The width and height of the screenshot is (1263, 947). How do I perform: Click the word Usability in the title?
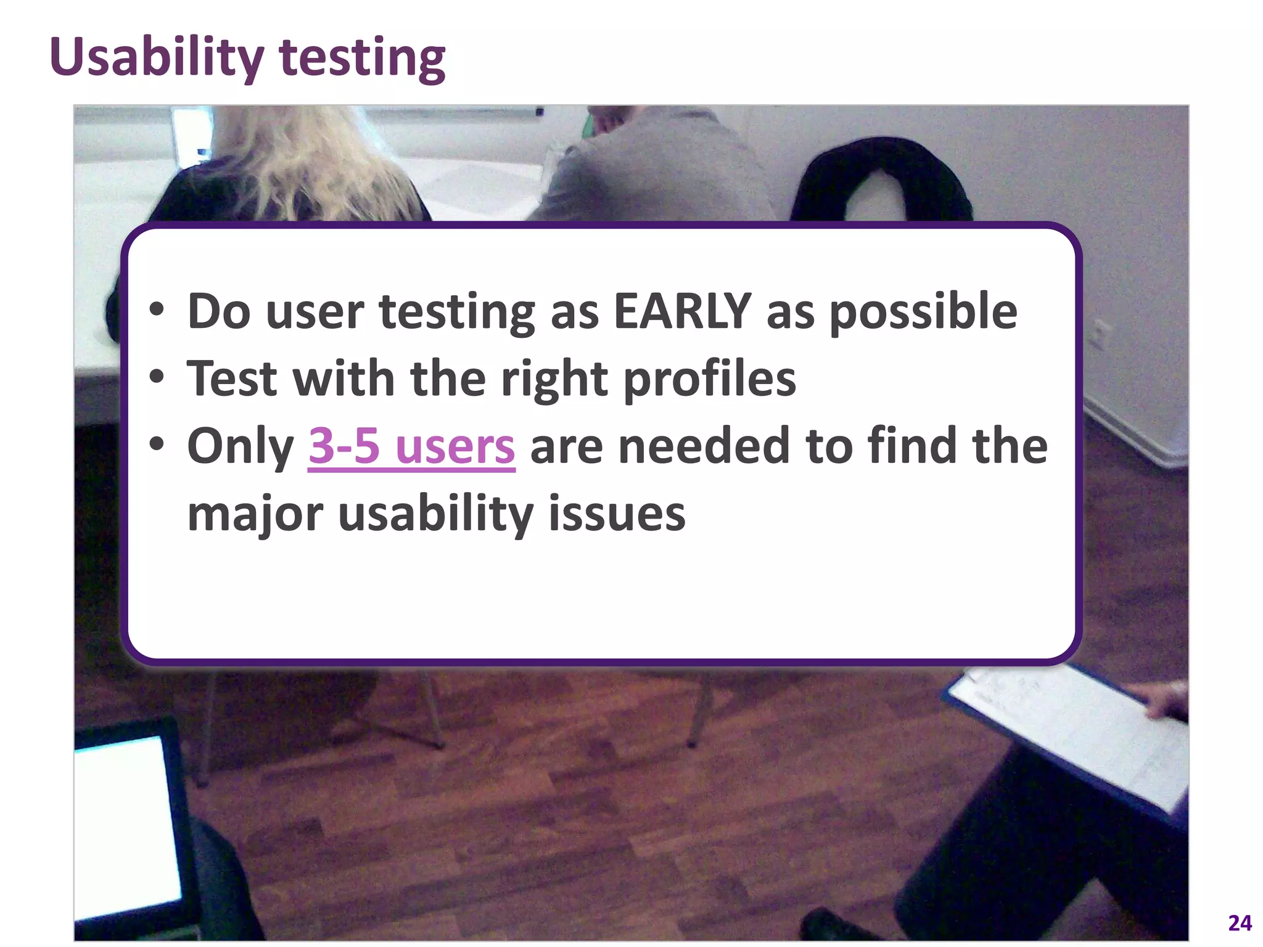pyautogui.click(x=157, y=57)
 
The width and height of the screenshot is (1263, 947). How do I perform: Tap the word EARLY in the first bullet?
pyautogui.click(x=682, y=311)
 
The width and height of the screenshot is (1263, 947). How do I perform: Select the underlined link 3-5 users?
pyautogui.click(x=411, y=446)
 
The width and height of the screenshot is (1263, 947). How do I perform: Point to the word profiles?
pyautogui.click(x=709, y=379)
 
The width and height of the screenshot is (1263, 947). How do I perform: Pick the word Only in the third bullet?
pyautogui.click(x=241, y=446)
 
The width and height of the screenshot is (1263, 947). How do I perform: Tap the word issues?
pyautogui.click(x=617, y=513)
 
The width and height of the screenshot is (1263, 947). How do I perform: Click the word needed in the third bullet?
pyautogui.click(x=704, y=446)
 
